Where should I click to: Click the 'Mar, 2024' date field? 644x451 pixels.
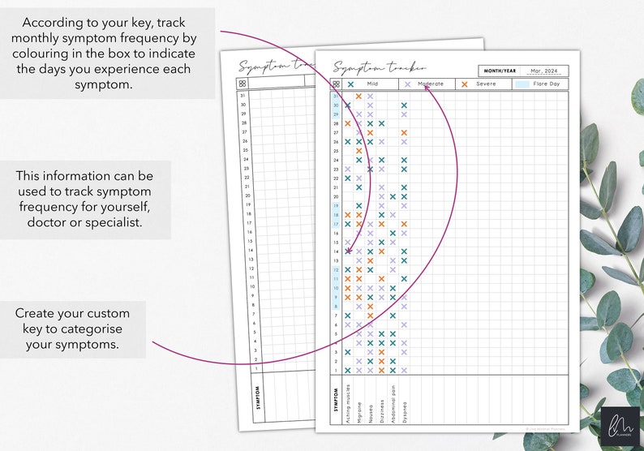click(x=543, y=71)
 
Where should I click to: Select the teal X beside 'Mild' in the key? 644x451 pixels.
click(x=351, y=84)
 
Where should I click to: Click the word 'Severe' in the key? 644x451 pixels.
click(x=487, y=84)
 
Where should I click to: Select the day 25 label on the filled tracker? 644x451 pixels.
click(x=335, y=151)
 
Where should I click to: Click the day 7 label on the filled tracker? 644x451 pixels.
click(x=336, y=316)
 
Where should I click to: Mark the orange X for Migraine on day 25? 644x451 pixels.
click(x=358, y=151)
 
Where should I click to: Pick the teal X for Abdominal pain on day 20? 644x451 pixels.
click(x=393, y=196)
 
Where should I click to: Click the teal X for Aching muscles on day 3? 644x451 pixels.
click(x=348, y=352)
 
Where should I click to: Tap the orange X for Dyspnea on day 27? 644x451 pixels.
click(x=404, y=132)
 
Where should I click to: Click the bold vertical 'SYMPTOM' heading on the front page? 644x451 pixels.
click(x=336, y=401)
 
